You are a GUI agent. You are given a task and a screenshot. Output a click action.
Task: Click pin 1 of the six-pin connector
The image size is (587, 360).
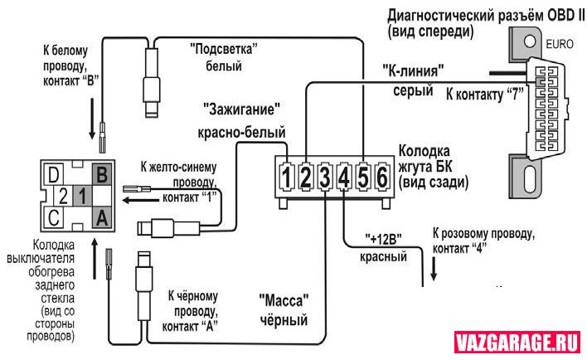(286, 176)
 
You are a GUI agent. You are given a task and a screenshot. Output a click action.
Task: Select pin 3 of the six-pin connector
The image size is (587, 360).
(325, 176)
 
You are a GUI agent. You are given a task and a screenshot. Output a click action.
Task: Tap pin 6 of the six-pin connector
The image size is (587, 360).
(382, 176)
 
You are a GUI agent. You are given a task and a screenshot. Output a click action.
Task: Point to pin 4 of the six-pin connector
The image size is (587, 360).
(344, 176)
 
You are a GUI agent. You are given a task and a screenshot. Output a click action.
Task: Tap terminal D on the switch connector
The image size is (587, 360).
(54, 175)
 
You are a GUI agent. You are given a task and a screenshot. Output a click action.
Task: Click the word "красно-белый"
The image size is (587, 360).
(242, 131)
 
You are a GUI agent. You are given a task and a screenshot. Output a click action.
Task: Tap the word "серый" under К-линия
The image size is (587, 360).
(412, 90)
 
